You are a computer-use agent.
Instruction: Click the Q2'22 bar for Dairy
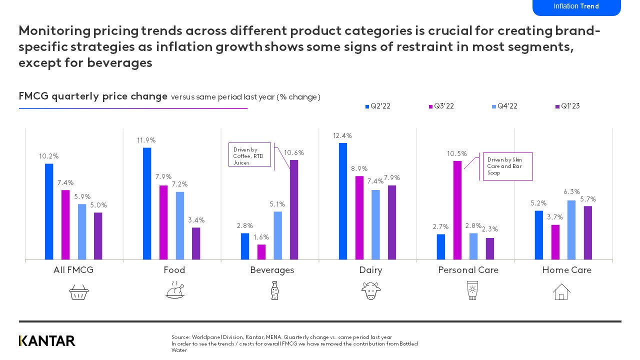343,201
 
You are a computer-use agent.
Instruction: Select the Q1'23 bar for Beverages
294,210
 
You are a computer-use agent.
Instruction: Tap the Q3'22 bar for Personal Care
457,210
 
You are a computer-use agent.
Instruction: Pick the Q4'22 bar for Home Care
571,230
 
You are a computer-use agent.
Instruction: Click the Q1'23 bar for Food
196,243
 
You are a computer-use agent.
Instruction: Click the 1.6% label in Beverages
261,237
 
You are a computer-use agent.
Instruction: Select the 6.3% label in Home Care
571,191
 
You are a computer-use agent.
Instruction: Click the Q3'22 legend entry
441,106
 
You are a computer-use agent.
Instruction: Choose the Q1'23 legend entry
567,106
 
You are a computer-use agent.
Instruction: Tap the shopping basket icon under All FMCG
78,291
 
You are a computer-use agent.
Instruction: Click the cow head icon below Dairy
371,290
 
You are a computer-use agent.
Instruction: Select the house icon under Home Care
561,291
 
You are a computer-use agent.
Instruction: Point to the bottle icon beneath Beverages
274,290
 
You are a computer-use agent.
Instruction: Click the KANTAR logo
47,341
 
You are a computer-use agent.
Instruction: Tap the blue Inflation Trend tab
576,7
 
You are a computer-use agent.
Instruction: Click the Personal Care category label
468,270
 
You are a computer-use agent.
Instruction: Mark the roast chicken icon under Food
175,290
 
